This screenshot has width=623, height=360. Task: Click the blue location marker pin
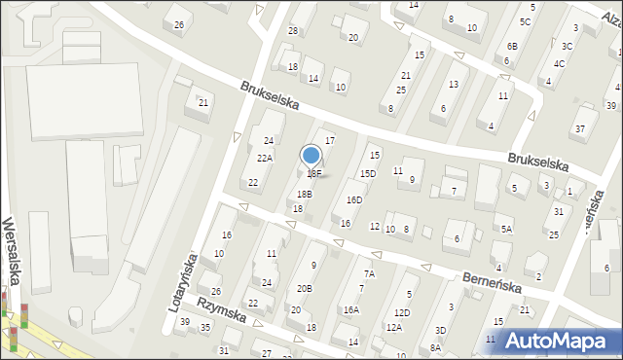tap(311, 155)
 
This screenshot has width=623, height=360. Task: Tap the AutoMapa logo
tap(558, 341)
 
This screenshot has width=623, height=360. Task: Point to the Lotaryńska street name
tap(183, 282)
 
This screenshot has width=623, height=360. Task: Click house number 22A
tap(264, 158)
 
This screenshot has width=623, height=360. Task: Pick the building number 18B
tap(304, 194)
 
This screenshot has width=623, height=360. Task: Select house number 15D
tap(367, 174)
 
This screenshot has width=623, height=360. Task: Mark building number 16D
tap(353, 200)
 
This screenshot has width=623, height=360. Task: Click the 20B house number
tap(304, 288)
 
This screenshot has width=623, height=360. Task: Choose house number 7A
tap(369, 273)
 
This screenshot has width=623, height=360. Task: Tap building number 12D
tap(402, 312)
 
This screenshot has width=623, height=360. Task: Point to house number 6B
tap(512, 46)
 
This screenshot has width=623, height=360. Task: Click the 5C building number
tap(525, 21)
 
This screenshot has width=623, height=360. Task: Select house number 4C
tap(559, 64)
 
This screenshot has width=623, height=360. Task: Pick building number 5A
tap(506, 229)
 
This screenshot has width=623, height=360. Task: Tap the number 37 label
tap(579, 129)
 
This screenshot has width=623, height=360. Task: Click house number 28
tap(292, 31)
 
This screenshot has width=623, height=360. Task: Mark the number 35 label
tap(205, 328)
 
